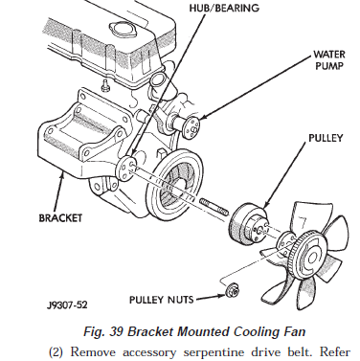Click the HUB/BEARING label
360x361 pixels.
224,7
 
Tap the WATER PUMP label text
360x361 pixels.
328,59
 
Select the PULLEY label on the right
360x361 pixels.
326,138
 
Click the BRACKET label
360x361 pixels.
60,217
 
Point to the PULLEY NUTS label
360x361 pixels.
161,300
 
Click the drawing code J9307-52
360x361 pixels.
67,305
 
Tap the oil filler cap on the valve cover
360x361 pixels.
122,30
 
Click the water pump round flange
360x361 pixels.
192,128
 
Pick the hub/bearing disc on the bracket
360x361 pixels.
126,168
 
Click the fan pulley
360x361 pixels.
248,226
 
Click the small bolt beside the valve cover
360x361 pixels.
104,84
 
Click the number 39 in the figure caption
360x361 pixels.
116,331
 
